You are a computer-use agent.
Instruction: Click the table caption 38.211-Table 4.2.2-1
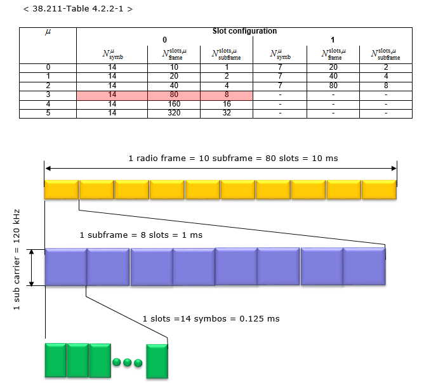(x=78, y=9)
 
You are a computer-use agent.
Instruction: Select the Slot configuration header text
(x=244, y=31)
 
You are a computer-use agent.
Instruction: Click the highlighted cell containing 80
(x=174, y=94)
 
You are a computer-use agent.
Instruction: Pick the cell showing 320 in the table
(x=174, y=113)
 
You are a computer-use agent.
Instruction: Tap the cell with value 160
(x=174, y=104)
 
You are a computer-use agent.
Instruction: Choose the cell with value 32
(x=227, y=113)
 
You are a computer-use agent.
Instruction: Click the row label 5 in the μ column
(x=48, y=113)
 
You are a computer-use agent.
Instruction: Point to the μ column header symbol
(x=48, y=32)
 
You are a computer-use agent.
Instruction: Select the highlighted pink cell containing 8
(x=227, y=94)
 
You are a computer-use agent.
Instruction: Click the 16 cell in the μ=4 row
(x=227, y=104)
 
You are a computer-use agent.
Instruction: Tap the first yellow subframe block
(x=62, y=190)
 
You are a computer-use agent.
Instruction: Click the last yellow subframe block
(x=379, y=190)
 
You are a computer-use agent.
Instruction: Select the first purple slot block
(x=66, y=267)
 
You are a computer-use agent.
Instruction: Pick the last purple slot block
(x=364, y=266)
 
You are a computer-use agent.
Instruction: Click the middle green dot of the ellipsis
(x=128, y=363)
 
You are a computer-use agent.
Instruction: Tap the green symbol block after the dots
(x=157, y=361)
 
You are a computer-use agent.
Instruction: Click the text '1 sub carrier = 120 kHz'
(x=17, y=259)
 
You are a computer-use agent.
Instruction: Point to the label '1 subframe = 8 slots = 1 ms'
(x=141, y=235)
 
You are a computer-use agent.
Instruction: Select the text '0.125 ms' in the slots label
(x=260, y=319)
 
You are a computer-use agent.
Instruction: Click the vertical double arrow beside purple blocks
(x=31, y=268)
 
